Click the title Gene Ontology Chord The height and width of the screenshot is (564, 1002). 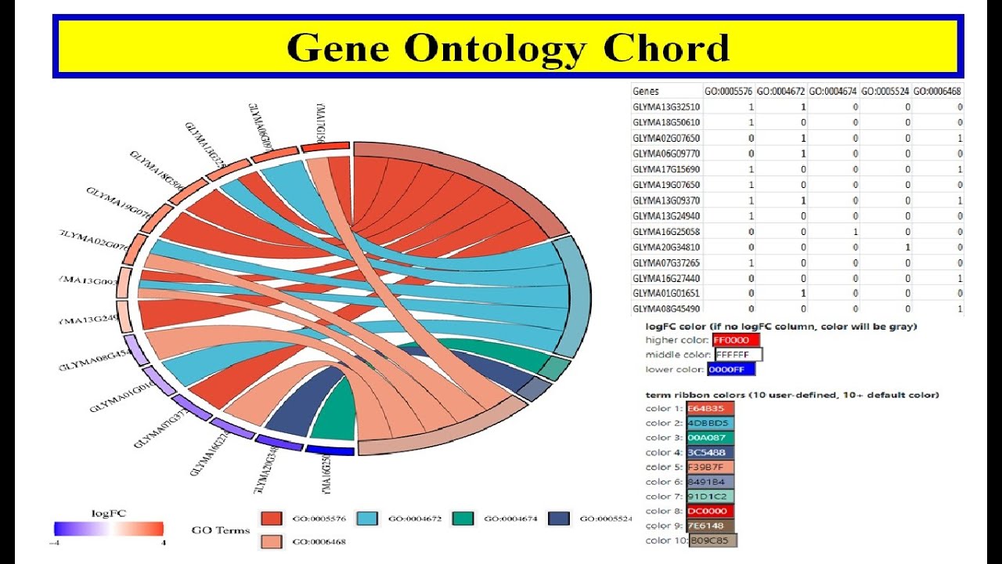(x=507, y=48)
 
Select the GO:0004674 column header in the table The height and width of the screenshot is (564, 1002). (x=833, y=91)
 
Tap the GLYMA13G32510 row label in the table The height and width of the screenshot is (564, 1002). (x=666, y=107)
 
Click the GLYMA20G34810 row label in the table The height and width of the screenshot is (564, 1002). (x=666, y=247)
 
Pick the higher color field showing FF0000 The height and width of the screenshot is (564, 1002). (x=736, y=340)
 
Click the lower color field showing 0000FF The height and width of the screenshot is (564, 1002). (x=731, y=369)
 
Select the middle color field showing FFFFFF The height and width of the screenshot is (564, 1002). (x=738, y=355)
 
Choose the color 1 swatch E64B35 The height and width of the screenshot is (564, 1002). (x=711, y=408)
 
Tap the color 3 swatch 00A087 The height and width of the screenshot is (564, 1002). (x=711, y=438)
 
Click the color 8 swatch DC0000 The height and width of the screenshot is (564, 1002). (x=711, y=511)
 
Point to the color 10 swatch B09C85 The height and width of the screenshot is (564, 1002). (x=713, y=540)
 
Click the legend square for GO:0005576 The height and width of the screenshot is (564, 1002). (x=272, y=519)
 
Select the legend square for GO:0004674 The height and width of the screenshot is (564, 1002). (x=464, y=519)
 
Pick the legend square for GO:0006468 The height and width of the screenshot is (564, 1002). (x=272, y=541)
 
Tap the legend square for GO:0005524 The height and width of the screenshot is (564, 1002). (x=559, y=519)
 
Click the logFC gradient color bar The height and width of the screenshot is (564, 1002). (x=109, y=529)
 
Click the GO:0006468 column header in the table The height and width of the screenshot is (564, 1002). (x=938, y=91)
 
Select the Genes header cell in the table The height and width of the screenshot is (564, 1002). (x=646, y=91)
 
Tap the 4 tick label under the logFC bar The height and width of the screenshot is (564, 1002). (x=162, y=543)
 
